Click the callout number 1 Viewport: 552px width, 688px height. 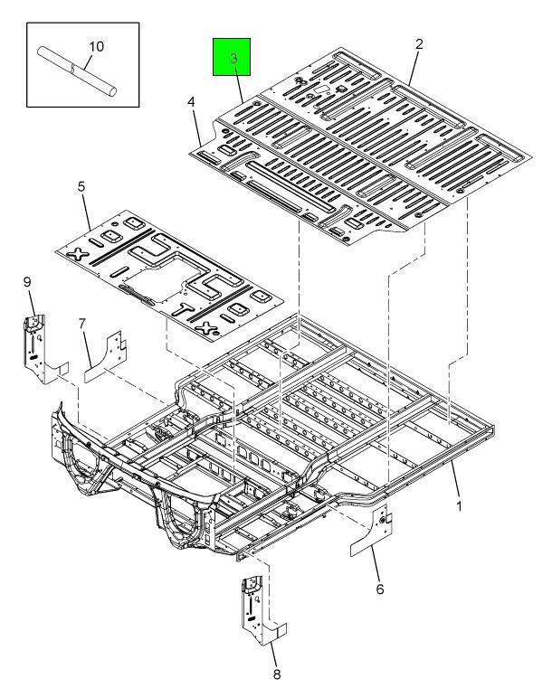459,506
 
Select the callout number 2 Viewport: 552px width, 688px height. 419,44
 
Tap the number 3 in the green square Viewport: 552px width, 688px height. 233,59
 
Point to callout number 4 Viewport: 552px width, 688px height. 191,102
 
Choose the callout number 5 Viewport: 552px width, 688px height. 81,186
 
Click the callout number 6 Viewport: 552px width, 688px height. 380,589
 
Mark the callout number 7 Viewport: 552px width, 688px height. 82,324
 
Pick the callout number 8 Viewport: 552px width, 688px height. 277,674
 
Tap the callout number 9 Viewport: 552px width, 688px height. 27,282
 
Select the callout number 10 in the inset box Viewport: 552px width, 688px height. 96,46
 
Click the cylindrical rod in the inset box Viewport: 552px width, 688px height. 77,71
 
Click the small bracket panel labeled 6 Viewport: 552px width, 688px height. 371,532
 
